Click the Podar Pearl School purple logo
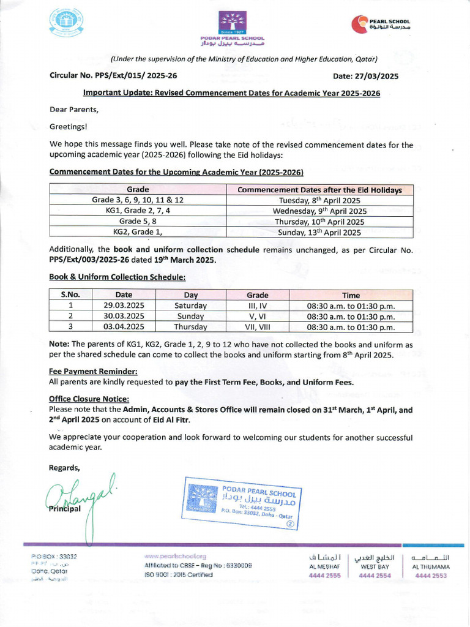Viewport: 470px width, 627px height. click(233, 24)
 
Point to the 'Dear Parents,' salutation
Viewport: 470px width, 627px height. click(73, 110)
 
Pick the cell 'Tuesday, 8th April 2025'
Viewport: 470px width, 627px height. click(319, 200)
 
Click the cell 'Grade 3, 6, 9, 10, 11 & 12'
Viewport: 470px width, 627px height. click(138, 200)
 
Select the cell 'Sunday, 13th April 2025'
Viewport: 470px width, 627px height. click(319, 232)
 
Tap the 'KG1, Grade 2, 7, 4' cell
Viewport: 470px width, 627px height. click(138, 211)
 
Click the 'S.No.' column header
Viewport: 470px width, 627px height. click(71, 295)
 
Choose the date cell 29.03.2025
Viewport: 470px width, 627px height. click(124, 306)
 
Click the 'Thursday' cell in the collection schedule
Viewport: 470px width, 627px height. click(190, 327)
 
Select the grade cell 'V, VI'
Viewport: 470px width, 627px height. click(257, 316)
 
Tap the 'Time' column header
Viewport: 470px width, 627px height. click(351, 295)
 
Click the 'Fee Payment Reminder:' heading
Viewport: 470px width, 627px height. click(93, 371)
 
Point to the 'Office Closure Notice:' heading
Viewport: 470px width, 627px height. click(89, 399)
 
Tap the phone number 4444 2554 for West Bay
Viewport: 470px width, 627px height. click(375, 576)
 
